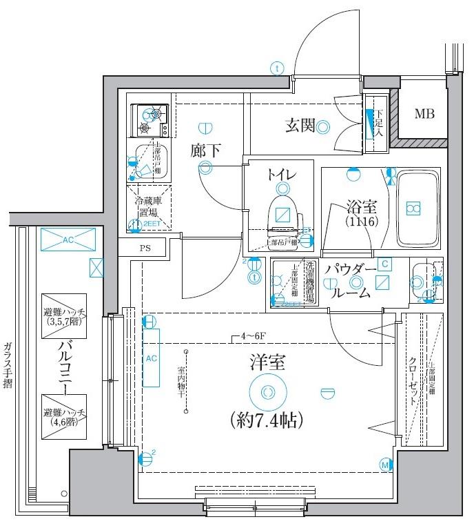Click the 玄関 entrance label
(300, 125)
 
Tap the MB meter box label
(424, 114)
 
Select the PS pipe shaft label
(145, 247)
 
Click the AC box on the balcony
(68, 240)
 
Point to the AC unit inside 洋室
(152, 358)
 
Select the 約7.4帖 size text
(264, 418)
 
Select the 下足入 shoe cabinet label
(379, 122)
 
